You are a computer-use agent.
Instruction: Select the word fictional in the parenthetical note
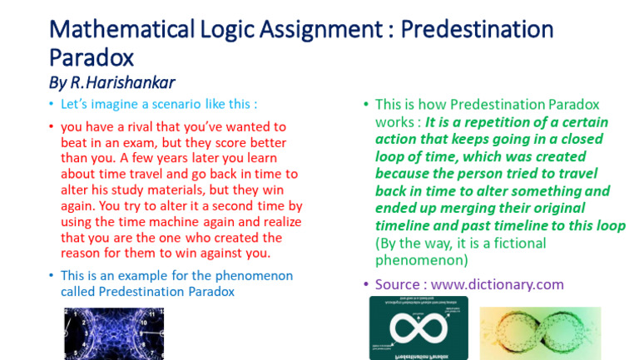click(508, 243)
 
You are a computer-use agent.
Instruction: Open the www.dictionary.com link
click(498, 284)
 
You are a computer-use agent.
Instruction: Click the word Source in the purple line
click(397, 284)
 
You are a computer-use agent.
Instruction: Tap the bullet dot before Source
click(365, 284)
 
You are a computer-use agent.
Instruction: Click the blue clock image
click(114, 333)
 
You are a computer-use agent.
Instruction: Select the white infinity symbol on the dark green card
click(418, 329)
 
